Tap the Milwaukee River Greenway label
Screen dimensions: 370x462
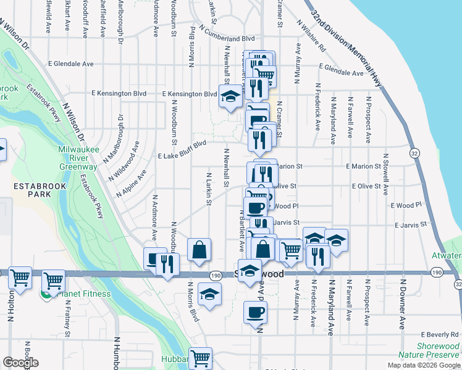78,158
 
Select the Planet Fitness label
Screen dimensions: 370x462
83,294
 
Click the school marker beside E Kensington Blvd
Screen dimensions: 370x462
230,97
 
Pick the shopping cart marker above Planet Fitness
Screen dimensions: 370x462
54,281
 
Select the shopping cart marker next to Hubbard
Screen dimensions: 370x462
200,358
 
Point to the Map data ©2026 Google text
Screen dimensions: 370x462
423,365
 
